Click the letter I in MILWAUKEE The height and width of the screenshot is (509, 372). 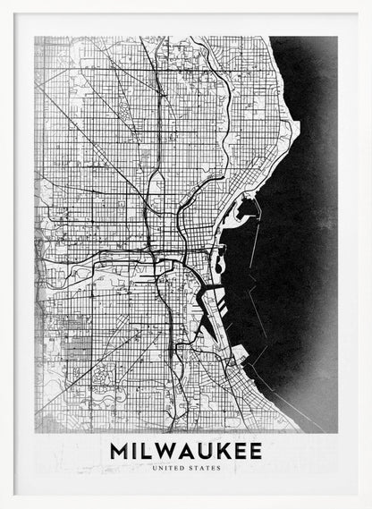point(135,450)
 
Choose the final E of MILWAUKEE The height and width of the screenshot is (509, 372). point(256,450)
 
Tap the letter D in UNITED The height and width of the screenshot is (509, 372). point(179,466)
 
